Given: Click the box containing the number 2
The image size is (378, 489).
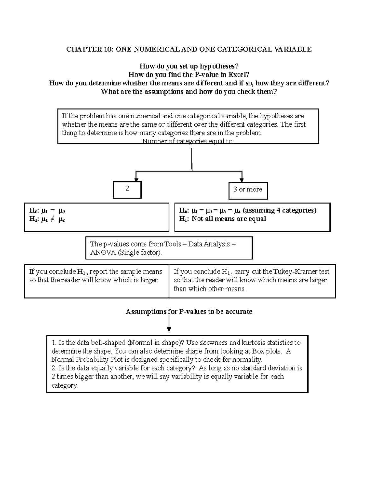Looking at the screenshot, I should pyautogui.click(x=127, y=190).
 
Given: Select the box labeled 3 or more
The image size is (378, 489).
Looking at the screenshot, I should pyautogui.click(x=248, y=190).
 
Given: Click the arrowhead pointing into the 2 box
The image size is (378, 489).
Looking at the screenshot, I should pyautogui.click(x=136, y=179).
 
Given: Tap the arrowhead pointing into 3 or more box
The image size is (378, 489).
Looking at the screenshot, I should pyautogui.click(x=242, y=180).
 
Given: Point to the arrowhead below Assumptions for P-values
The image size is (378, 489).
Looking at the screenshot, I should pyautogui.click(x=169, y=329).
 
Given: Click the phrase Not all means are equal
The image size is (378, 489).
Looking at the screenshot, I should pyautogui.click(x=228, y=219).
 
